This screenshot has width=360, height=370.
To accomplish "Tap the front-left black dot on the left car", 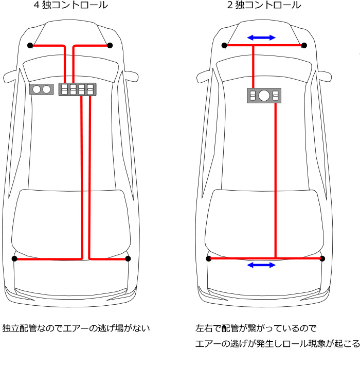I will (30, 46).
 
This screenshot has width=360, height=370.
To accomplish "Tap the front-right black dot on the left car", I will (110, 46).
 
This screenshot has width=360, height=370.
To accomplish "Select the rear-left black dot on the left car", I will (14, 258).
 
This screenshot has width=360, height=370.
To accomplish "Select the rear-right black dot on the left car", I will (128, 258).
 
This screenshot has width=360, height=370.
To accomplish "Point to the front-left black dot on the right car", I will (224, 46).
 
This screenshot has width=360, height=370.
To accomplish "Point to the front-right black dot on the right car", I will (304, 46).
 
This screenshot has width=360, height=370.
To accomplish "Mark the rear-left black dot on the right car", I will (209, 258).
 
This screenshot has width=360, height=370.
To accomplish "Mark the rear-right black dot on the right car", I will (322, 258).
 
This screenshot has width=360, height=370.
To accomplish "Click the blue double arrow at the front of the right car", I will (262, 38).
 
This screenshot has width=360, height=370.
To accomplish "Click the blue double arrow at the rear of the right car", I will (262, 265).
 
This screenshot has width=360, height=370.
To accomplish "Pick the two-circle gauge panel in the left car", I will (41, 89).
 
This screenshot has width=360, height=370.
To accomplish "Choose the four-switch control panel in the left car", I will (78, 89).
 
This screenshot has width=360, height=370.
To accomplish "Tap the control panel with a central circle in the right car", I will (264, 95).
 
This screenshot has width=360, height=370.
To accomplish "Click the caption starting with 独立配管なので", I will (76, 328).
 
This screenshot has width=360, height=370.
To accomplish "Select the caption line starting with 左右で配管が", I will (256, 328).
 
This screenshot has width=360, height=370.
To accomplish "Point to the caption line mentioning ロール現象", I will (277, 344).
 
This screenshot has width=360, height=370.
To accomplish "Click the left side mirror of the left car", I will (12, 78).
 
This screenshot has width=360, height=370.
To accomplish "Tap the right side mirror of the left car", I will (130, 77).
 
